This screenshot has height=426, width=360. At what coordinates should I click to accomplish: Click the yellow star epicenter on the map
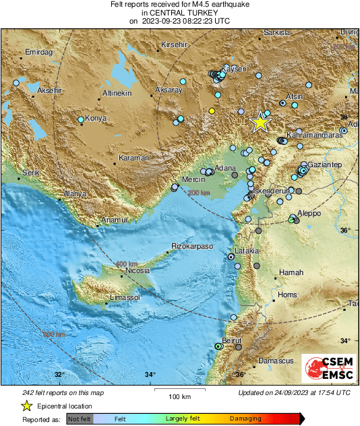pos(260,122)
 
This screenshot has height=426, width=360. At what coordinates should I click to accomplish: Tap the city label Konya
pos(96,119)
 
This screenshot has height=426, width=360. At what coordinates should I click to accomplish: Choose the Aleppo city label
pos(308,213)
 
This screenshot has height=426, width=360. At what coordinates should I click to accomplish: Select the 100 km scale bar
pos(179,392)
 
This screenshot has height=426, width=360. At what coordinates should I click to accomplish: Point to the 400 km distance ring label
pos(127,264)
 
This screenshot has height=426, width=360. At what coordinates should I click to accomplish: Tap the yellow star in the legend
pos(26,406)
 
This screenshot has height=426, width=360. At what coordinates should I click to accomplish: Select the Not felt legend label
pos(80,419)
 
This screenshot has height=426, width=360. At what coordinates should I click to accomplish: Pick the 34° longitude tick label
pos(150,375)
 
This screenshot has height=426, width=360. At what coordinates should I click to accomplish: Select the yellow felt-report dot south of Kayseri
pos(212,111)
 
